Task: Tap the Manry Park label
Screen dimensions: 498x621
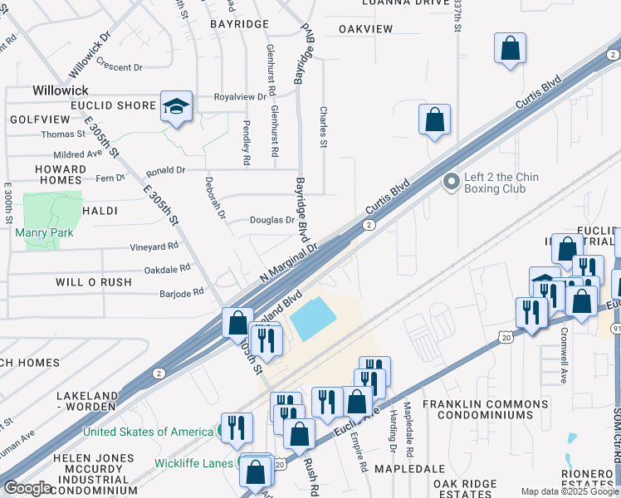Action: pos(44,232)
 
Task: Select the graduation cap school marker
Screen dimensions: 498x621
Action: pos(176,106)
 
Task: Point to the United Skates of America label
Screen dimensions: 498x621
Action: pos(147,432)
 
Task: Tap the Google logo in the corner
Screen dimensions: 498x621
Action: pos(27,488)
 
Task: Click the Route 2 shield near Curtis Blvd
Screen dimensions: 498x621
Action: pos(368,225)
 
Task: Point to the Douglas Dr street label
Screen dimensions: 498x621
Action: pos(272,220)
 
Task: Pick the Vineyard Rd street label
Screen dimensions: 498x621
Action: pos(154,247)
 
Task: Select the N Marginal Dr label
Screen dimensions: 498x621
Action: pos(289,259)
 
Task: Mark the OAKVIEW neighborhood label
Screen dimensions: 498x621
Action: pos(365,29)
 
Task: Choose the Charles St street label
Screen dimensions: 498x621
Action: pos(324,126)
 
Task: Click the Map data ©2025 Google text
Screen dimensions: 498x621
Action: pos(570,491)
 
